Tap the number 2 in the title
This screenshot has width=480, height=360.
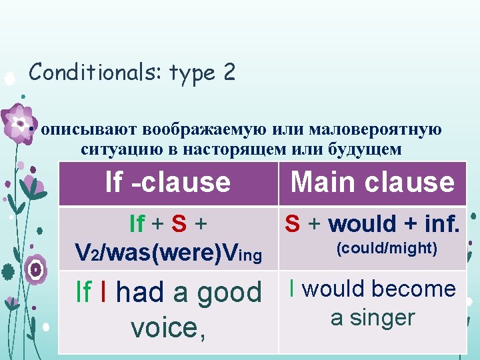coord(229,72)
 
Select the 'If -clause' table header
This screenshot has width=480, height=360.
coord(168,182)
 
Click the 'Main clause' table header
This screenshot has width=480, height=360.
coord(373,182)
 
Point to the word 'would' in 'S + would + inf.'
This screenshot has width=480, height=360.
coord(361,224)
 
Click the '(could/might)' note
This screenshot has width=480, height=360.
coord(387,249)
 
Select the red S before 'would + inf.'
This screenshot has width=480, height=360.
coord(292,224)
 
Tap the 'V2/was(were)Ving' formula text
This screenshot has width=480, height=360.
coord(168,252)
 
